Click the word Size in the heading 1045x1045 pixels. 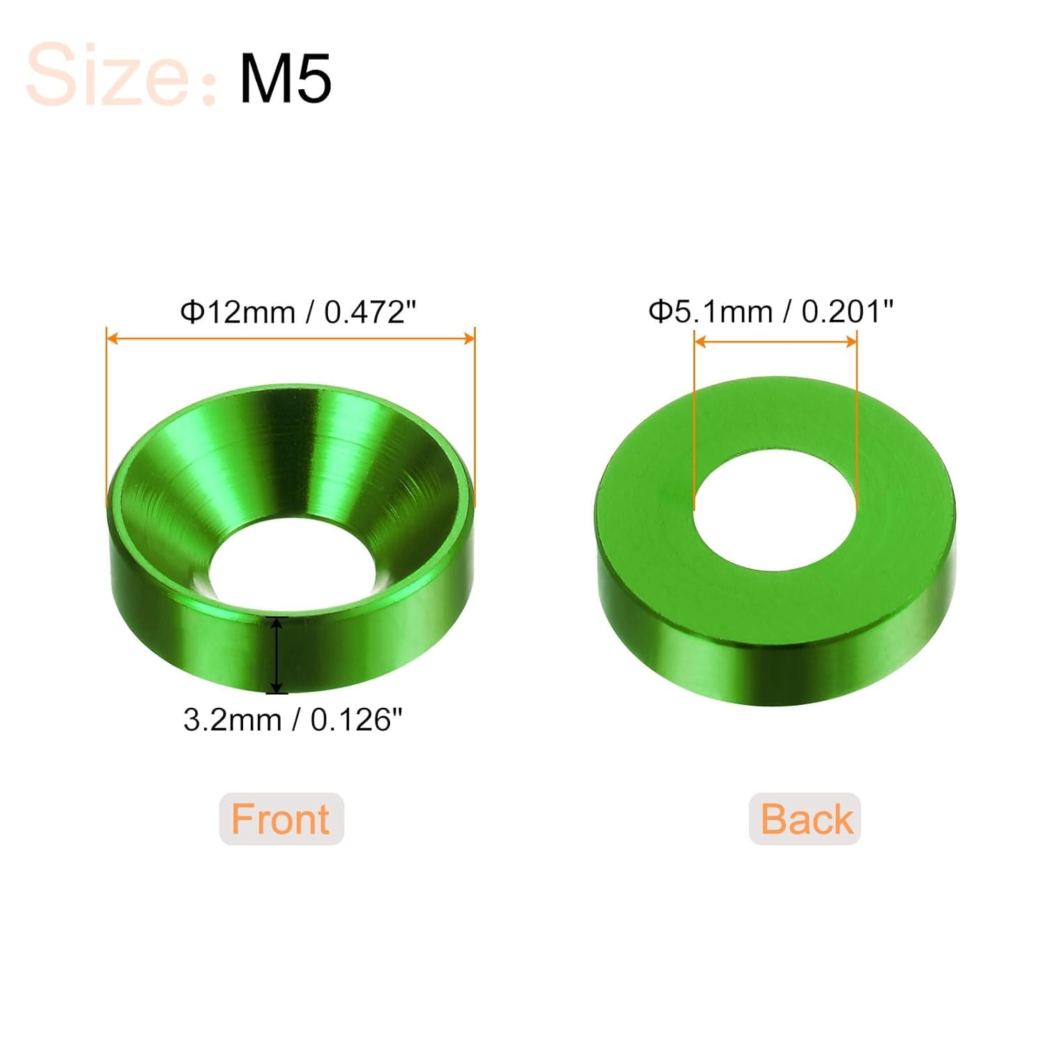(108, 75)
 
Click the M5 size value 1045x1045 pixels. (285, 78)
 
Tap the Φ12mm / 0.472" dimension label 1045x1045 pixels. (297, 311)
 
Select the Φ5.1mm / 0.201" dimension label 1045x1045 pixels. (771, 311)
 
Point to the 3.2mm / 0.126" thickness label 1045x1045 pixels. (293, 719)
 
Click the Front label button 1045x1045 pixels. (281, 819)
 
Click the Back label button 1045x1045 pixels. (805, 819)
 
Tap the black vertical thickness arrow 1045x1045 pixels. (277, 655)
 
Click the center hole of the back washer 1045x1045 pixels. (775, 509)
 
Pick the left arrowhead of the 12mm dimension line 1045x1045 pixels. (111, 339)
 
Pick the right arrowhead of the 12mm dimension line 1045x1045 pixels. (470, 339)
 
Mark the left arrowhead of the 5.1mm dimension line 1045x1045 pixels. (700, 341)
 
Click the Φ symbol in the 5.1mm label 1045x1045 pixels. (659, 311)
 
